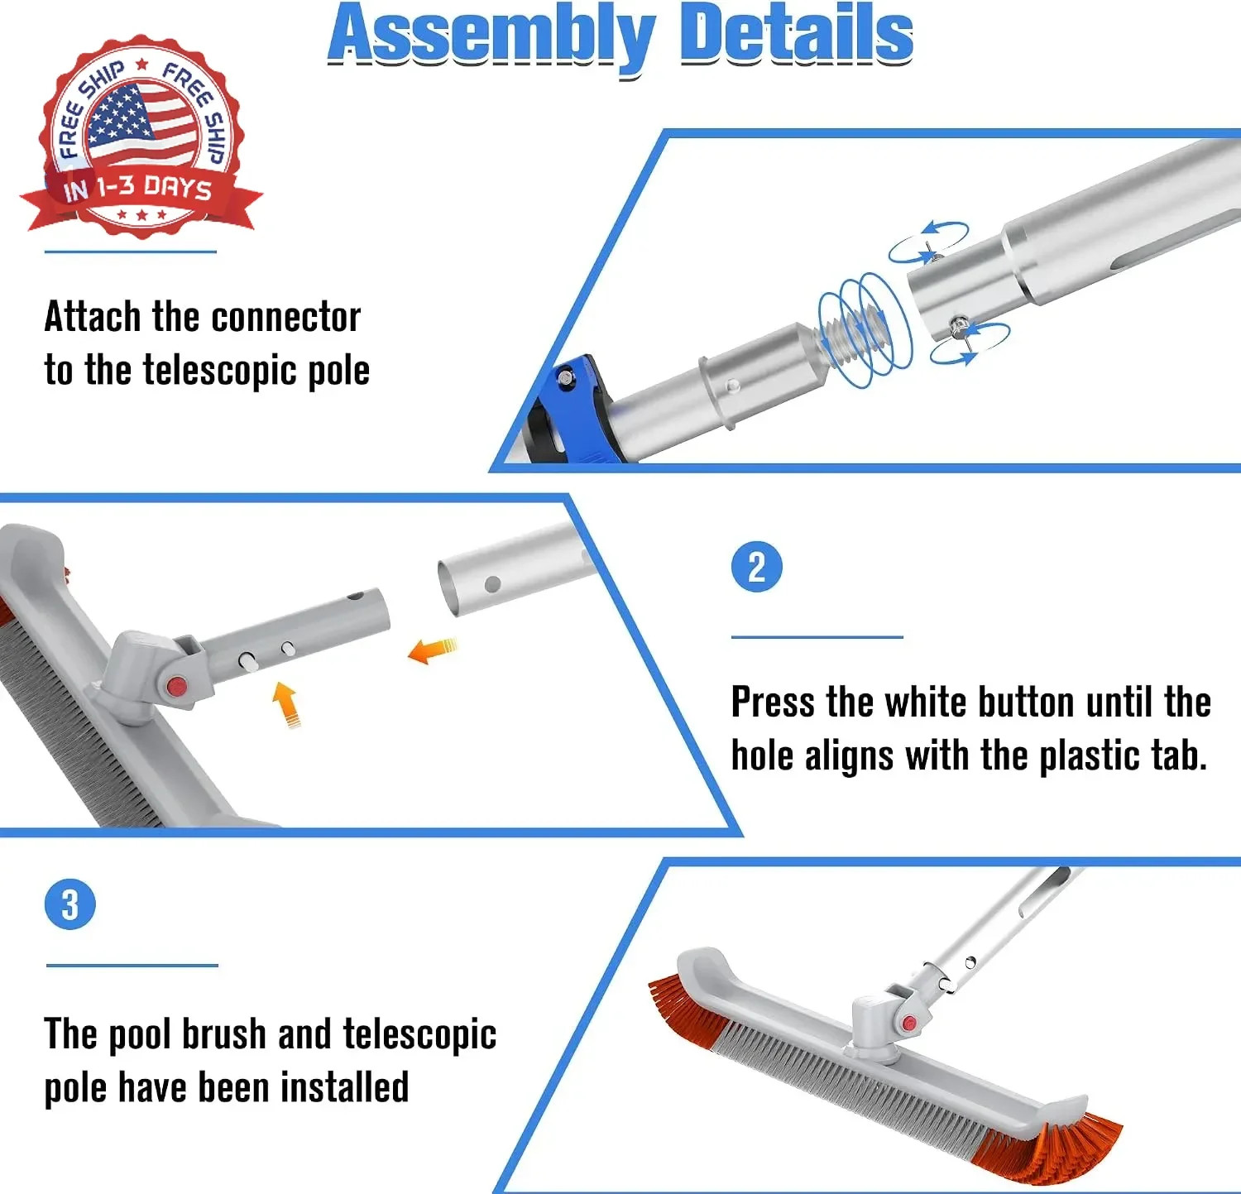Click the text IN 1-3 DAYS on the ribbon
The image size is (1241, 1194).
click(137, 189)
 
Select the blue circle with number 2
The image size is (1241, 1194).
click(756, 568)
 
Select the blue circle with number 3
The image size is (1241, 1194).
click(70, 904)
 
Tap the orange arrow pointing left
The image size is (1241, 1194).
click(432, 650)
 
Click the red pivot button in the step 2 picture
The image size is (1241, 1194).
click(176, 687)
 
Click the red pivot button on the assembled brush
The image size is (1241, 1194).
click(909, 1024)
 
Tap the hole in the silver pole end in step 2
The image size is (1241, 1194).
click(492, 584)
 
